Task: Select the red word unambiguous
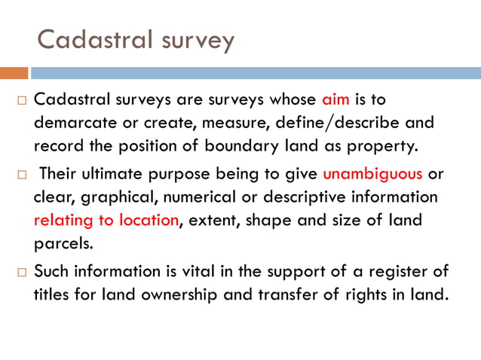373,175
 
